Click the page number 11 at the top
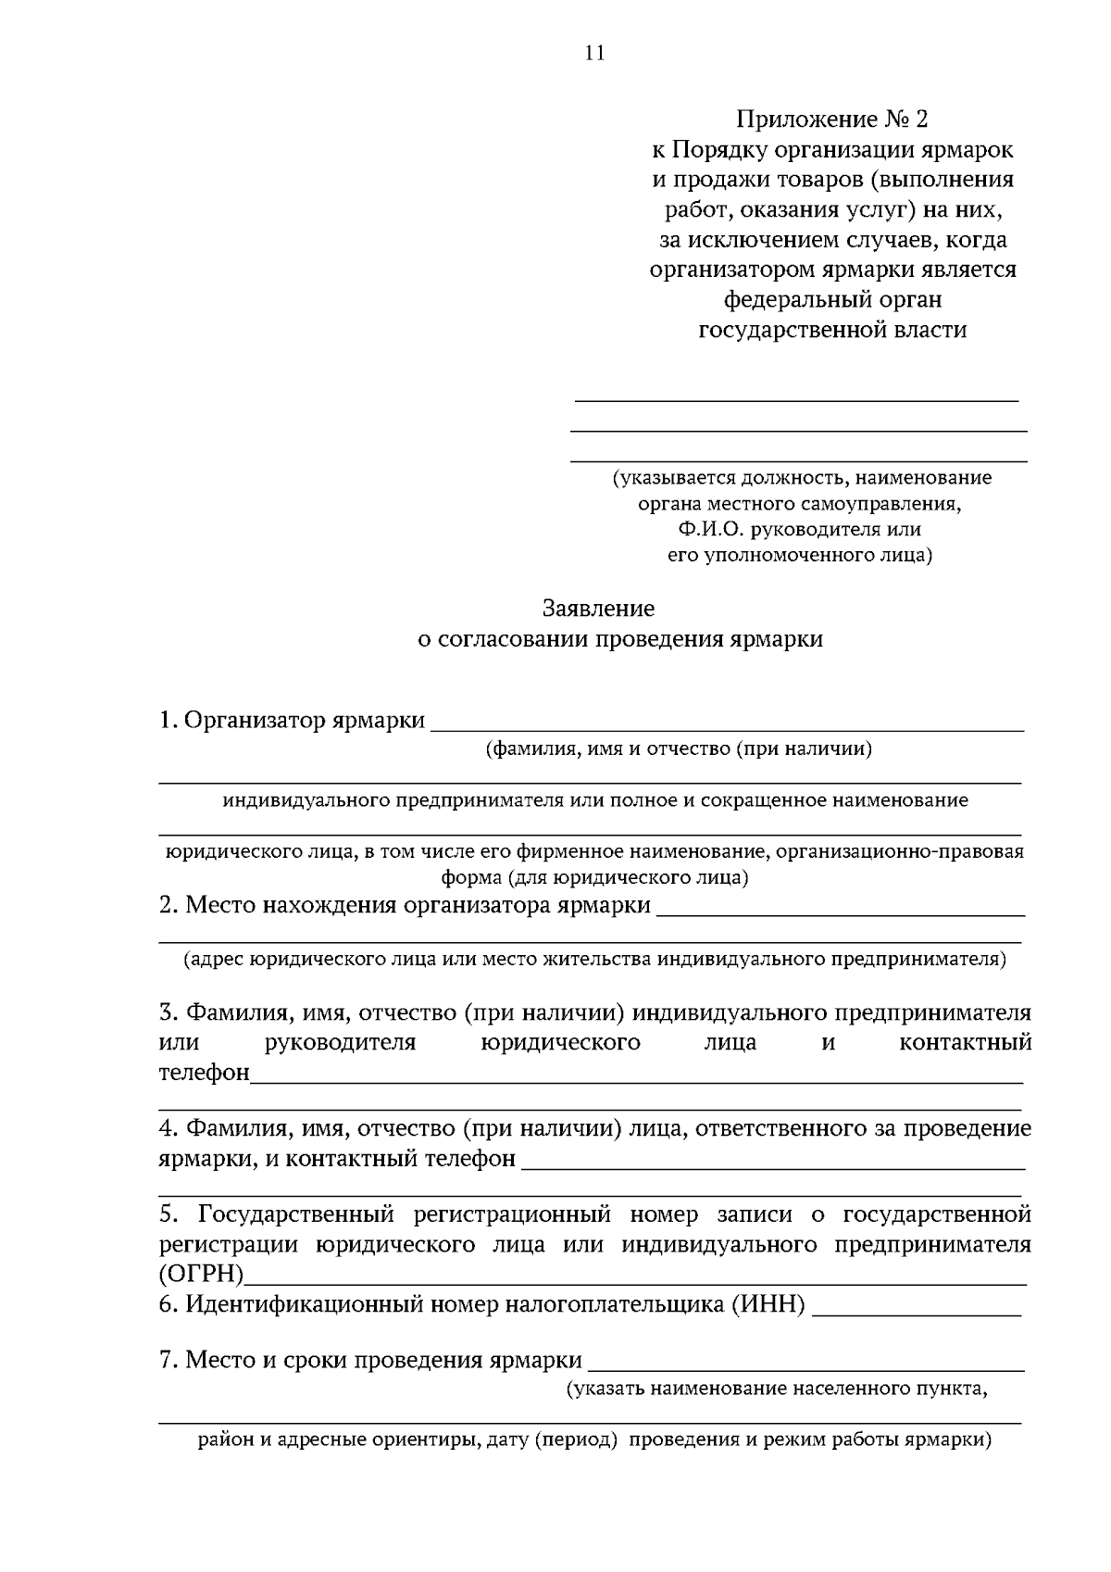594,53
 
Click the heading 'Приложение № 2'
830,119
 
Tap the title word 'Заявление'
598,609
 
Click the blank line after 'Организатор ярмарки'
728,723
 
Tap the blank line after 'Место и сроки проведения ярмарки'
806,1362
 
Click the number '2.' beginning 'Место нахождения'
169,905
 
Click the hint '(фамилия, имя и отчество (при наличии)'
680,748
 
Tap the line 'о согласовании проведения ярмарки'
619,639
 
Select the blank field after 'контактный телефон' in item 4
773,1160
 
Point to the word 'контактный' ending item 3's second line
965,1042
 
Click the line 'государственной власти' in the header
831,330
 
